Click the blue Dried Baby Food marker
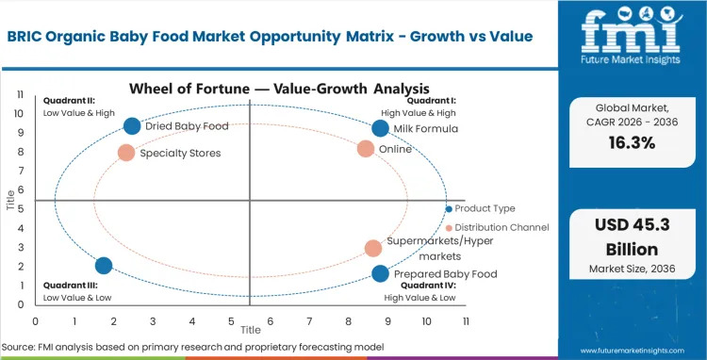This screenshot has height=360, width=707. coord(132,126)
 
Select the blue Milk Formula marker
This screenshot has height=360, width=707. coord(380,129)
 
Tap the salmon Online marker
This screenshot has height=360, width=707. coord(366,149)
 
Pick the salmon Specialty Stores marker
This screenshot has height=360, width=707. coord(126,153)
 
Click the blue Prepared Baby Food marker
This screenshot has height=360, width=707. coord(380,274)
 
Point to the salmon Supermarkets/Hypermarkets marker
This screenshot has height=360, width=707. coord(373,248)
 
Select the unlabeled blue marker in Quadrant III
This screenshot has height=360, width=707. coord(104,266)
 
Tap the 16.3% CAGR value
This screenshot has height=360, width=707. coord(631,143)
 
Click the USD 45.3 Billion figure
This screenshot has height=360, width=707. coord(631,239)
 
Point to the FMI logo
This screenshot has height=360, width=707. coord(631,38)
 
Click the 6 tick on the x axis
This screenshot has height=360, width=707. coord(271,321)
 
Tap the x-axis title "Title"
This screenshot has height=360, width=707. coord(250,331)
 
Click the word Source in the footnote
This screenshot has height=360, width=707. coord(19,348)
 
